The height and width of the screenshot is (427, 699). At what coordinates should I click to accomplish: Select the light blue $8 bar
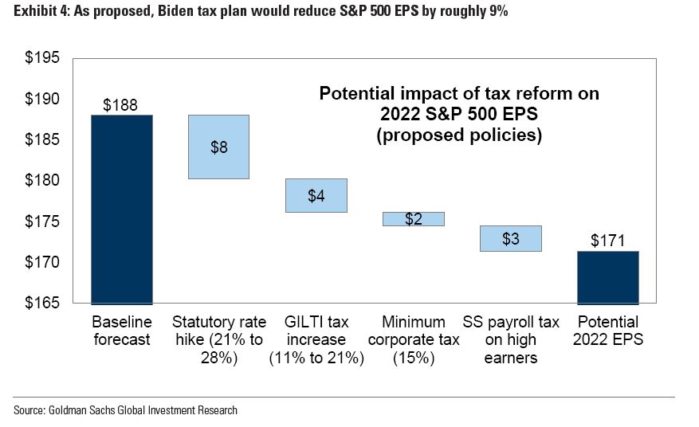(218, 147)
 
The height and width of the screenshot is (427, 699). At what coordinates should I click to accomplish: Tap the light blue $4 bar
(316, 195)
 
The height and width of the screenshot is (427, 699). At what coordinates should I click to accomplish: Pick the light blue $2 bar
(413, 219)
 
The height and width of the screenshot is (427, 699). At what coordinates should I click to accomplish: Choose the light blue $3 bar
(510, 238)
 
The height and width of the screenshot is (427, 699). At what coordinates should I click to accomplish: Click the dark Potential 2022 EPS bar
(607, 277)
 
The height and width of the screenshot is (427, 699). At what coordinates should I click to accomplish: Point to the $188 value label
(121, 105)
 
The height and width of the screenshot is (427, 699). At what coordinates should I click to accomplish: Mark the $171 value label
(607, 241)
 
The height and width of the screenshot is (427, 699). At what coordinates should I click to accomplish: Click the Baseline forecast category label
(121, 331)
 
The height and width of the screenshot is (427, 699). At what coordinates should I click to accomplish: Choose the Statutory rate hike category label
(218, 339)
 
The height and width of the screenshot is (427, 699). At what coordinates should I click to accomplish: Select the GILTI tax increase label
(316, 339)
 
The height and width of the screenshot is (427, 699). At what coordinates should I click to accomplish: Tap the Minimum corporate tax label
(413, 339)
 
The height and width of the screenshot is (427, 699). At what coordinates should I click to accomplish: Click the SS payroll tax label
(510, 339)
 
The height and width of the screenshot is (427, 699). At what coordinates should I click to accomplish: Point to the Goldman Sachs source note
(125, 410)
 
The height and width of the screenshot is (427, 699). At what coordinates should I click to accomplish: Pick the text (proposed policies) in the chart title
(459, 135)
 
